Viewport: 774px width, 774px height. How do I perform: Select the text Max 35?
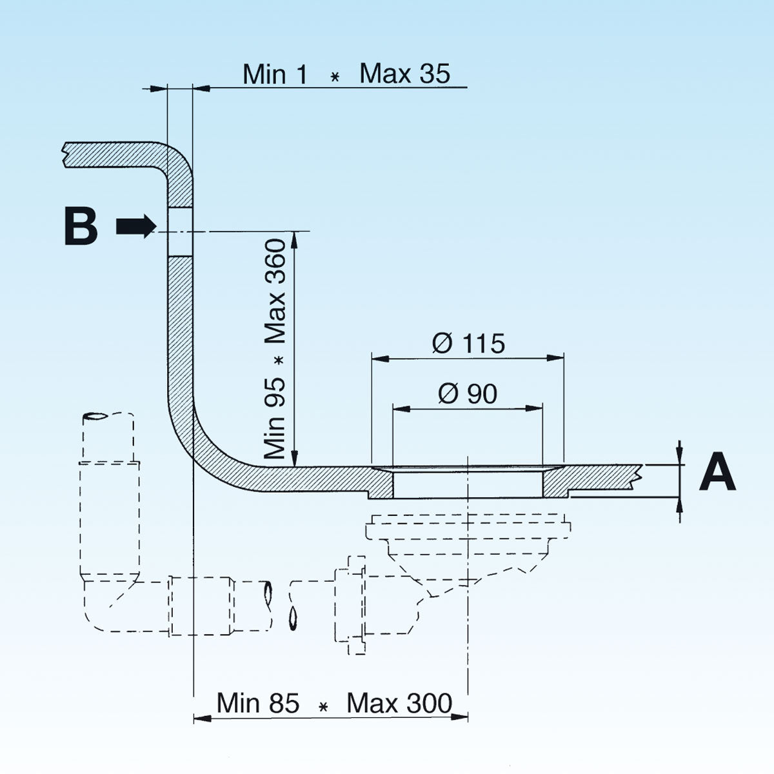point(404,74)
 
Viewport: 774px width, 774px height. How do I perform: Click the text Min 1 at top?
point(275,75)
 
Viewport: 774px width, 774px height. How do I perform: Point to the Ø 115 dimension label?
point(468,343)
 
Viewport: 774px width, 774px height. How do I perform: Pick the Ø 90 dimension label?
point(468,393)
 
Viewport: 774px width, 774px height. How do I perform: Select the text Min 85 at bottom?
point(258,703)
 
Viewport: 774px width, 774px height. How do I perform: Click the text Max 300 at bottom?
point(399,703)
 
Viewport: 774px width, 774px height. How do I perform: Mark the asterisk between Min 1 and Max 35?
point(334,77)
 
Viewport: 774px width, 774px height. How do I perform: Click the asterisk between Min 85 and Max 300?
point(324,707)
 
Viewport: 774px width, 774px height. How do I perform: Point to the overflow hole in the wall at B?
point(180,231)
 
